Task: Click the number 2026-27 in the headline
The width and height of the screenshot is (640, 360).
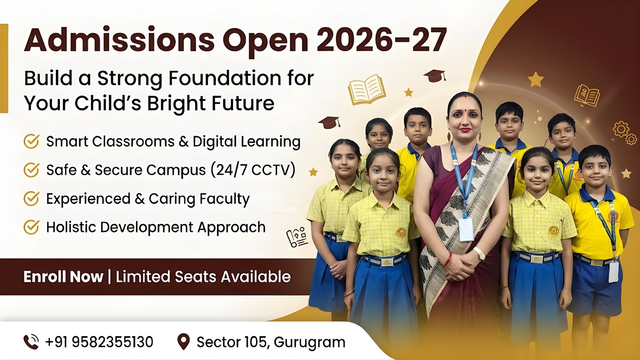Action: coord(381,40)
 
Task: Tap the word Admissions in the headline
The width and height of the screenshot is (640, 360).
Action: coord(119,40)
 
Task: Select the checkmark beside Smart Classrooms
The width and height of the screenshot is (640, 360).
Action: coord(31,141)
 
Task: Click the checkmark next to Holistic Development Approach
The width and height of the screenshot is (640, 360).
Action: coord(31,227)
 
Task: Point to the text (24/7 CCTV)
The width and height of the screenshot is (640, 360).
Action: coord(253,170)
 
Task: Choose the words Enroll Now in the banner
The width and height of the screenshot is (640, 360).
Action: coord(63,276)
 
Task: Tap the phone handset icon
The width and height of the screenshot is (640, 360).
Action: coord(31,342)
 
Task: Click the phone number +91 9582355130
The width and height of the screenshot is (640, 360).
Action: coord(99,342)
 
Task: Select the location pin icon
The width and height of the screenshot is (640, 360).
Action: coord(184,342)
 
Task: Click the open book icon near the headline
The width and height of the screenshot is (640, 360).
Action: coord(367,90)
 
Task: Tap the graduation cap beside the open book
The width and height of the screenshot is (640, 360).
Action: coord(434,76)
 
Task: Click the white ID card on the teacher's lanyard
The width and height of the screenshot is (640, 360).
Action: coord(466,229)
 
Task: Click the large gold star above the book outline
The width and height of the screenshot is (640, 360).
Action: coord(536,80)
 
